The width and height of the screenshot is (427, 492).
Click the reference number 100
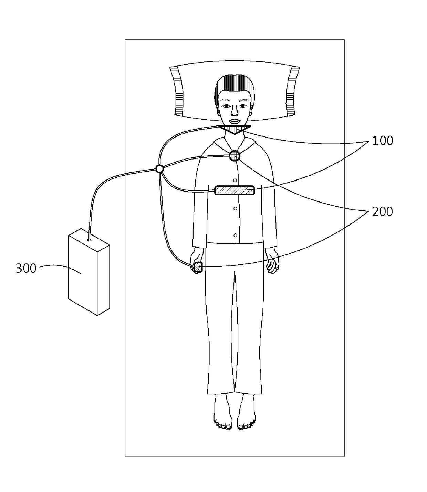[x=382, y=141]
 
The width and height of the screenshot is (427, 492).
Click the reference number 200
[x=382, y=211]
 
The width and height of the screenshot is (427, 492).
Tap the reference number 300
[x=26, y=268]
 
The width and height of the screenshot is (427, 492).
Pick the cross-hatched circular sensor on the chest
[x=235, y=155]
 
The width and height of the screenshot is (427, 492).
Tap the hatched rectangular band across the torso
[x=235, y=190]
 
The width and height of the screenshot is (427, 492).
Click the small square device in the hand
[x=198, y=266]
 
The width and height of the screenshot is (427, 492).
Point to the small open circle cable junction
[x=159, y=168]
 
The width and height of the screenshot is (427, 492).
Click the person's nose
[x=234, y=111]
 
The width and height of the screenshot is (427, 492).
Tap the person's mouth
[x=234, y=121]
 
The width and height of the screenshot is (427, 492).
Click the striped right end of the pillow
[x=291, y=91]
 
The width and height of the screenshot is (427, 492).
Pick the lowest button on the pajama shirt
[x=236, y=236]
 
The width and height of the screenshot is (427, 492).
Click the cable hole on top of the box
[x=89, y=240]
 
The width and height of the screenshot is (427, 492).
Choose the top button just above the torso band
[x=235, y=180]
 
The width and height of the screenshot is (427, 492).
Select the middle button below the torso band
[x=236, y=208]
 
